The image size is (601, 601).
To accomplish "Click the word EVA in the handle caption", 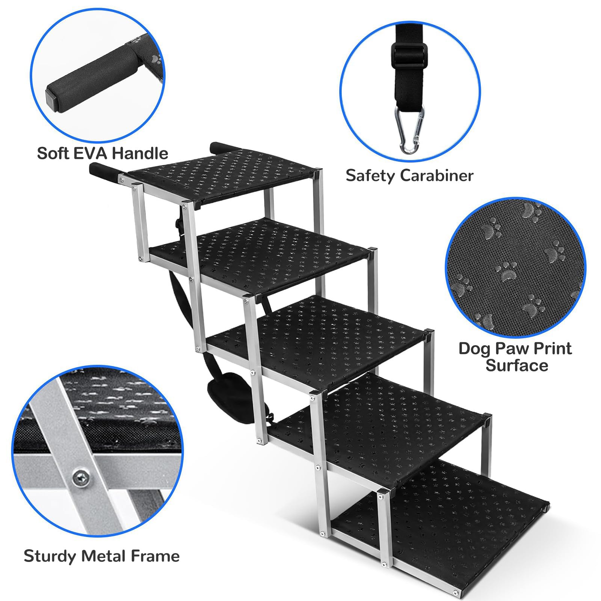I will tap(95, 153).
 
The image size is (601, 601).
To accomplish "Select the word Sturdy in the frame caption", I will tap(50, 556).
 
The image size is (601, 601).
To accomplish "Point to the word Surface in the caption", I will tap(517, 365).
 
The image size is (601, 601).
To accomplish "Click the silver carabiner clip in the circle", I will tap(409, 130).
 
